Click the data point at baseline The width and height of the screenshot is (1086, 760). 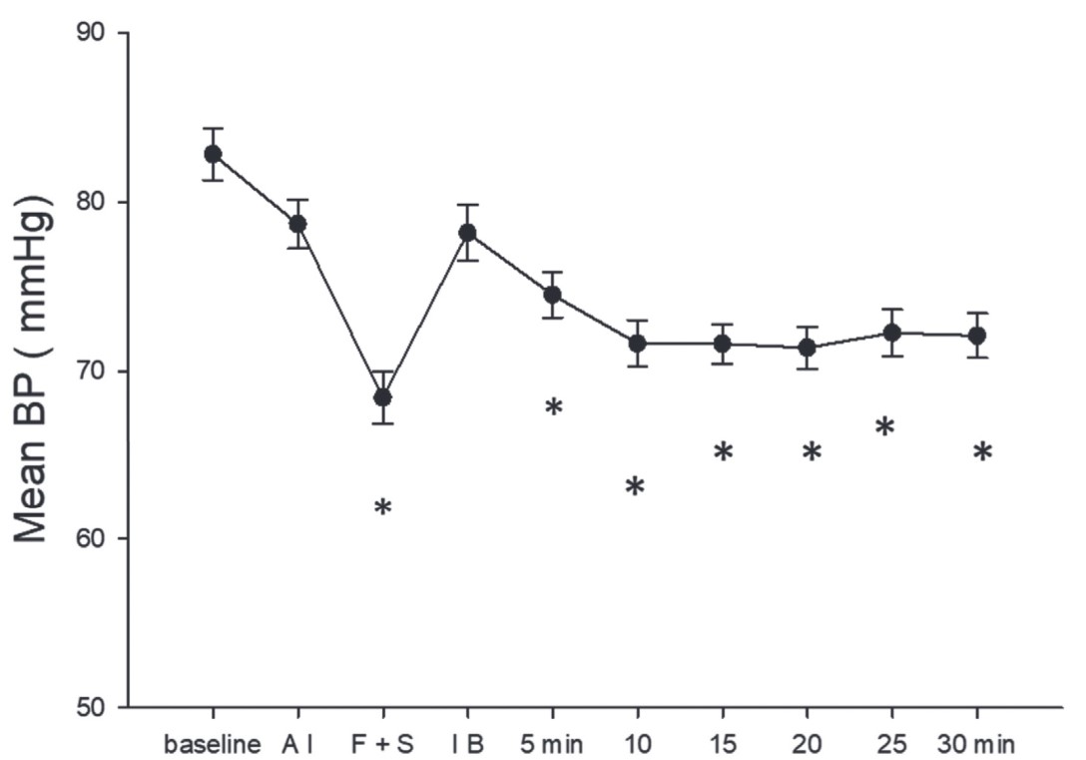(x=213, y=154)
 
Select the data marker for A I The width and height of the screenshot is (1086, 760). (x=297, y=224)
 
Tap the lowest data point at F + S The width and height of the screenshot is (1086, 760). (x=382, y=396)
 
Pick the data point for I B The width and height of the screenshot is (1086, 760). (x=467, y=233)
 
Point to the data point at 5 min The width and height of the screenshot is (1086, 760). (x=552, y=295)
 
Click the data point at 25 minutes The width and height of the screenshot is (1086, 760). (x=891, y=332)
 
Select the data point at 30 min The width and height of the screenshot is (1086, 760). (x=976, y=335)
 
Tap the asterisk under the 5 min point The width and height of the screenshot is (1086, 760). (x=554, y=407)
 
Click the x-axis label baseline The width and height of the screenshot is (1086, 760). (x=213, y=744)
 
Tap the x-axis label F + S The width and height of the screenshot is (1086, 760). (x=382, y=744)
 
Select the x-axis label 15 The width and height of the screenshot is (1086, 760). (x=722, y=744)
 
